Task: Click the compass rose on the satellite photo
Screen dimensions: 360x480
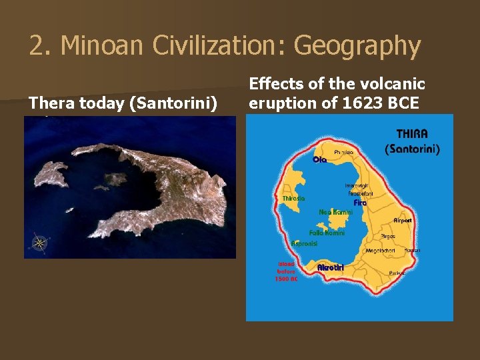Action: (x=39, y=243)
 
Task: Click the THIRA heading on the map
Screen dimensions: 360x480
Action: (x=412, y=134)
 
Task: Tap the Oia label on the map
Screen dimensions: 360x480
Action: (x=319, y=160)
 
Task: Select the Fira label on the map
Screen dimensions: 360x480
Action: (x=360, y=203)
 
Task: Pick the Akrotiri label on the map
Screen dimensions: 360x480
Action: (x=330, y=267)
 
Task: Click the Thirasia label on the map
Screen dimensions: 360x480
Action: (x=293, y=198)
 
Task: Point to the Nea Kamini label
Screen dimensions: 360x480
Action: (x=335, y=212)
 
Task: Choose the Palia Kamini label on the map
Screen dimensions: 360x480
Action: (x=327, y=233)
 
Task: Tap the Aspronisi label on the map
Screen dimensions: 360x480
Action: (x=304, y=244)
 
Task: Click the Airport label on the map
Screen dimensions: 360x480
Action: (x=403, y=220)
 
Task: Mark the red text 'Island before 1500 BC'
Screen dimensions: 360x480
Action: (x=286, y=271)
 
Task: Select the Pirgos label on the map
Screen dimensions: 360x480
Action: (x=388, y=236)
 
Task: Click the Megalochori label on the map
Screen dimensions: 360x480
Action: (x=381, y=251)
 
